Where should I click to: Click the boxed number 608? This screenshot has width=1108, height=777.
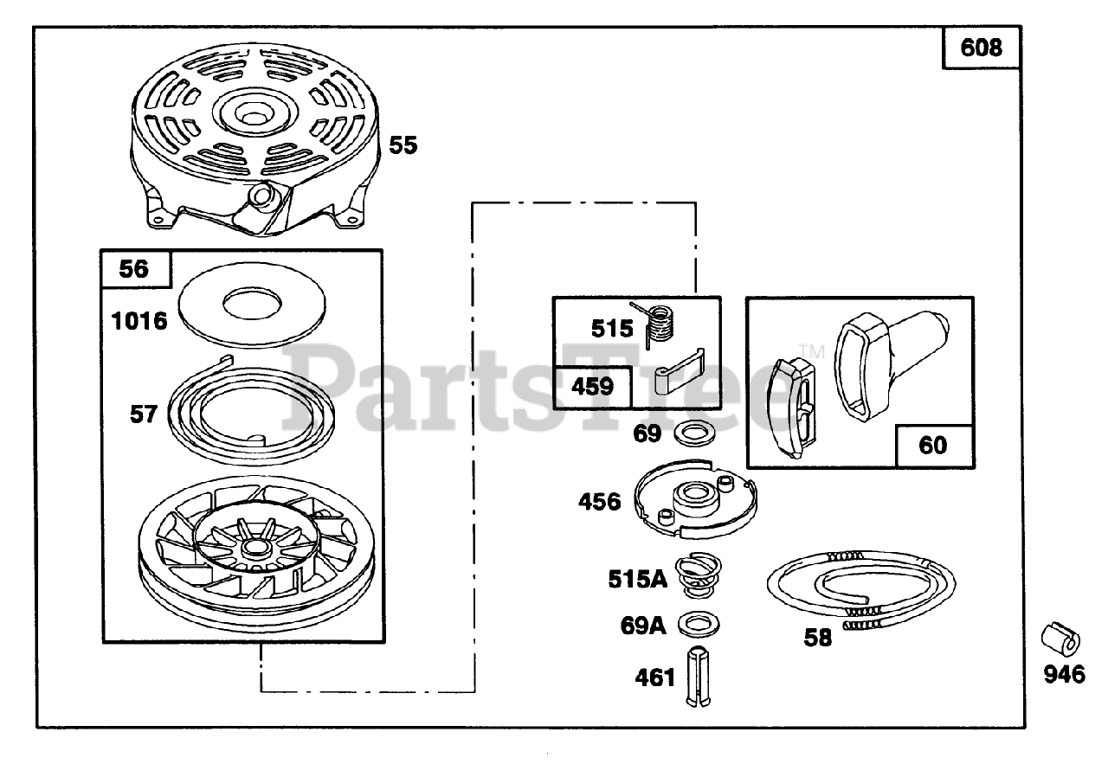click(981, 47)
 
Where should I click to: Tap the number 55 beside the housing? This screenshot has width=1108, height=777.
click(403, 144)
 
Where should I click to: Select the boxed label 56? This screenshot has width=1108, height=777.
click(134, 269)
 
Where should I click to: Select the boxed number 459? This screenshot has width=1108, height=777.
click(592, 385)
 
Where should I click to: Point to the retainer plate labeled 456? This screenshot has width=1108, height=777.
click(698, 504)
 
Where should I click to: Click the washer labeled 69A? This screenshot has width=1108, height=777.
click(699, 623)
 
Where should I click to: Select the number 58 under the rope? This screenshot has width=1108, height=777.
click(817, 639)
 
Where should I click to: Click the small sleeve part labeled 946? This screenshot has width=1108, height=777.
click(1060, 641)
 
